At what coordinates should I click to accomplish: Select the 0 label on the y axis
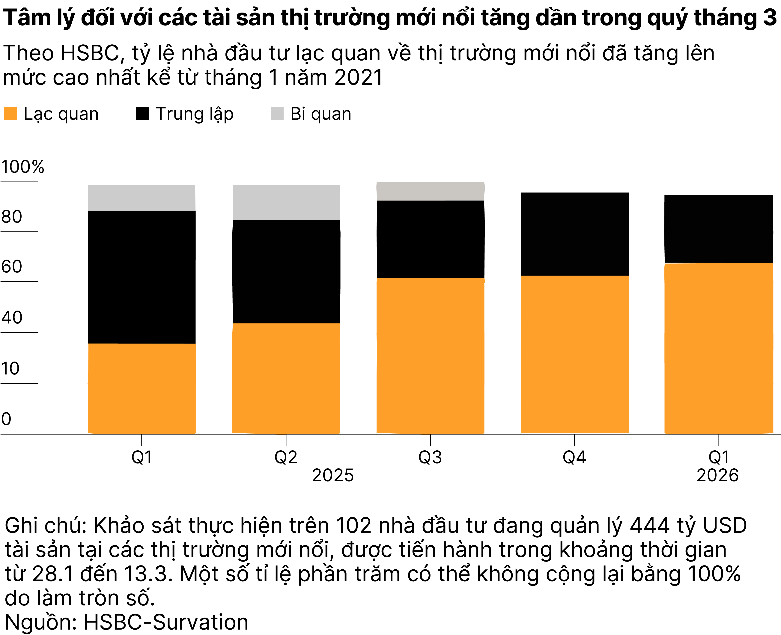coord(6,419)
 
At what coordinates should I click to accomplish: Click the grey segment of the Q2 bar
coord(286,202)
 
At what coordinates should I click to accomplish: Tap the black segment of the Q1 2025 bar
coord(142,277)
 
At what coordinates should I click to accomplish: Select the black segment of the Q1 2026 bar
coord(718,229)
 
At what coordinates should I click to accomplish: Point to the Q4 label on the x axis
coord(574,457)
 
